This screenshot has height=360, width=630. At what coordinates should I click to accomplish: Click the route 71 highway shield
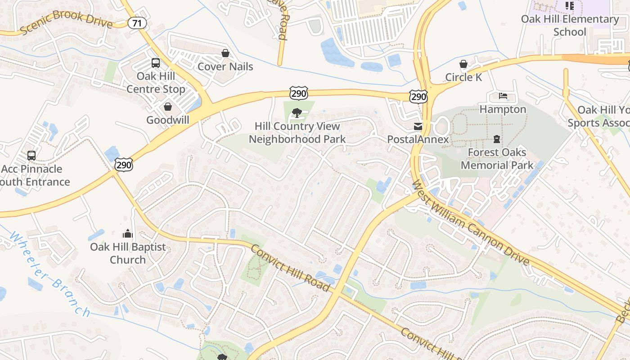[137, 23]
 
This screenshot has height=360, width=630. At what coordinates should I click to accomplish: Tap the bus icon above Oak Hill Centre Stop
[156, 63]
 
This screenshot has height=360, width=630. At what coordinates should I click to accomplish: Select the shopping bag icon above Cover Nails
[225, 54]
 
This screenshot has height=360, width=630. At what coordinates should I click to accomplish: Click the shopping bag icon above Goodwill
[168, 107]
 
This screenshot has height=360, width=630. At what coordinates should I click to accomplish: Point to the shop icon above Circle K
[463, 64]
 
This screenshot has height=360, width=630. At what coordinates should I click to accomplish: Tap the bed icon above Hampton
[503, 96]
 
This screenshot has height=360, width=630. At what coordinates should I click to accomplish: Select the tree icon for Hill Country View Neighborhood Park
[297, 112]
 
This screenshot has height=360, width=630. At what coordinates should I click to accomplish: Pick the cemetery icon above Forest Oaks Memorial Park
[497, 139]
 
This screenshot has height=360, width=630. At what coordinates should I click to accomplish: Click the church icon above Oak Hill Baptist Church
[128, 234]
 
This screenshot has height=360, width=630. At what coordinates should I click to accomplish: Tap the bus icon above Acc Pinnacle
[31, 156]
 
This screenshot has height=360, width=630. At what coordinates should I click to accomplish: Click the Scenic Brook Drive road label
[66, 22]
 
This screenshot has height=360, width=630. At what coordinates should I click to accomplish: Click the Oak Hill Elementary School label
[570, 25]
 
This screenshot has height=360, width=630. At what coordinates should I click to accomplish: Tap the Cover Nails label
[225, 67]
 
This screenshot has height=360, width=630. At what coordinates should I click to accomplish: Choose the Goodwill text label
[168, 120]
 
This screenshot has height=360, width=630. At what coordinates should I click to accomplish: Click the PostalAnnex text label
[418, 139]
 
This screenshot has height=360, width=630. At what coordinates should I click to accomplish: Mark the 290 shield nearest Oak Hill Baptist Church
[124, 165]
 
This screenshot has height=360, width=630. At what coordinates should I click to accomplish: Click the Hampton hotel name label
[503, 109]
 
